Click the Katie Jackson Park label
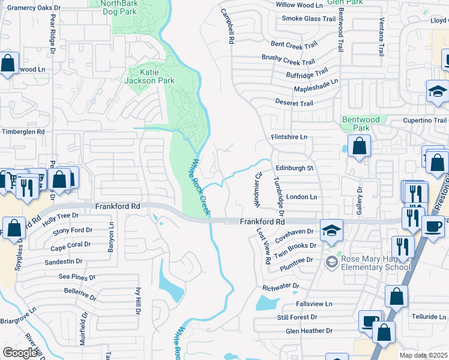pyautogui.click(x=149, y=76)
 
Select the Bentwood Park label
pyautogui.click(x=360, y=124)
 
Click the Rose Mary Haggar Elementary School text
pyautogui.click(x=375, y=263)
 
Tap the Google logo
pyautogui.click(x=20, y=353)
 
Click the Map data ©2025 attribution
pyautogui.click(x=424, y=355)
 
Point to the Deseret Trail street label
pyautogui.click(x=294, y=103)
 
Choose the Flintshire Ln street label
pyautogui.click(x=289, y=137)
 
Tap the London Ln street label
pyautogui.click(x=301, y=197)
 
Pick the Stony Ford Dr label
pyautogui.click(x=73, y=230)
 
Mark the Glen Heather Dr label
pyautogui.click(x=309, y=331)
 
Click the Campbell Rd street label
pyautogui.click(x=226, y=26)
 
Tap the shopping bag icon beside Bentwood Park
pyautogui.click(x=359, y=146)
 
